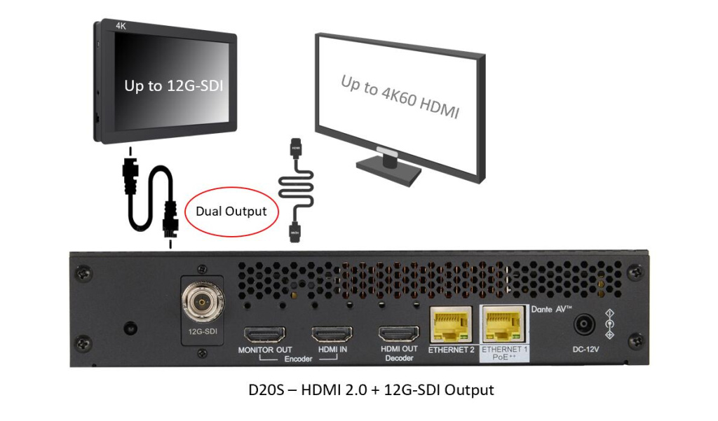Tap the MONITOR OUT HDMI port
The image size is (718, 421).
[x=264, y=334]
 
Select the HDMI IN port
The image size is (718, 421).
[x=332, y=334]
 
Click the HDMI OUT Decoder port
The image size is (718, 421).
[x=398, y=334]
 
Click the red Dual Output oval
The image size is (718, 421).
[x=231, y=211]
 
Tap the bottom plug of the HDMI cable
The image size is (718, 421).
[x=295, y=232]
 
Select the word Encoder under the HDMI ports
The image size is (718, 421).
[x=298, y=359]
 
